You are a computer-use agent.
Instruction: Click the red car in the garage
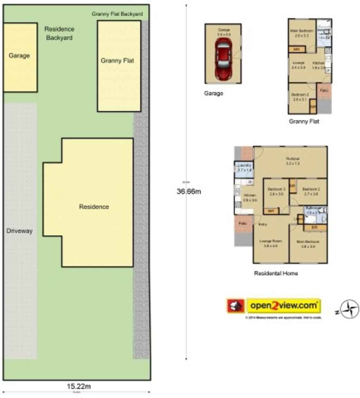point(223,58)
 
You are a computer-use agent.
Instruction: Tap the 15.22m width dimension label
point(79,386)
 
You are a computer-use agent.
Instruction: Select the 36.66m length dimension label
point(189,191)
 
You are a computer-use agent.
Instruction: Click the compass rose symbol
point(349,309)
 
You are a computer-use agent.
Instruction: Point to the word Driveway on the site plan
point(19,231)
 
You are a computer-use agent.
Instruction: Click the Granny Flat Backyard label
point(117,14)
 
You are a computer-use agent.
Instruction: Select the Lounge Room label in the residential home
point(270,241)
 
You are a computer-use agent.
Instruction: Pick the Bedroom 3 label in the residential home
point(276,189)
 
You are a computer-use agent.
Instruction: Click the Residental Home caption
point(276,273)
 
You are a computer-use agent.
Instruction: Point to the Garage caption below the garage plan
point(214,93)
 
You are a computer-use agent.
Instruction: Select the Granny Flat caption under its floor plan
point(304,121)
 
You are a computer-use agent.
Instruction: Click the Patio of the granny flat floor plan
point(324,91)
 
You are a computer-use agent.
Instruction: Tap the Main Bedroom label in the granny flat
point(301,31)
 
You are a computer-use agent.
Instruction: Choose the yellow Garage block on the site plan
point(20,57)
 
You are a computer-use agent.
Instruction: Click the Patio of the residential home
point(243,224)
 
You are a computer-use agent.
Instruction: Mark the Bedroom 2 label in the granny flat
point(300,95)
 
